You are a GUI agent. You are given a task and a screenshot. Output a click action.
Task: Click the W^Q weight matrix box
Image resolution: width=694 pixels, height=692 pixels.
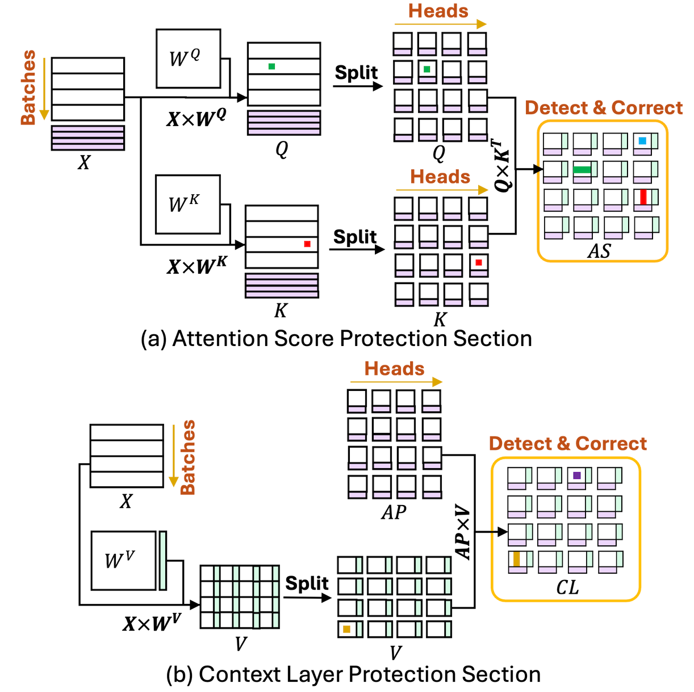(x=188, y=59)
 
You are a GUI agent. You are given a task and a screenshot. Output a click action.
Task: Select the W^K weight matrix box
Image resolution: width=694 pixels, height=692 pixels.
(x=187, y=205)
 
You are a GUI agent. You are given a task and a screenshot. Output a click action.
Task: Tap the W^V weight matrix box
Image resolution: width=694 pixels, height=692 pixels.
(x=123, y=560)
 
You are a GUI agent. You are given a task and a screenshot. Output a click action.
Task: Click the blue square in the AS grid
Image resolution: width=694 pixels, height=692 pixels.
(x=642, y=140)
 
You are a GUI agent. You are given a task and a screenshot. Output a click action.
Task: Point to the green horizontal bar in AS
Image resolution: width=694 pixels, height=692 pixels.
(x=582, y=169)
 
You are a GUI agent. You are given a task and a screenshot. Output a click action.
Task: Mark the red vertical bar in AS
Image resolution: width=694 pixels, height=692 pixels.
(x=643, y=197)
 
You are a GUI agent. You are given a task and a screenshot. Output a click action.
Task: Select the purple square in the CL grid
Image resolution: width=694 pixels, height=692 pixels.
(x=577, y=475)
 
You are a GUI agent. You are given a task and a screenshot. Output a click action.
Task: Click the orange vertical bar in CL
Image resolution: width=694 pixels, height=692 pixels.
(x=516, y=559)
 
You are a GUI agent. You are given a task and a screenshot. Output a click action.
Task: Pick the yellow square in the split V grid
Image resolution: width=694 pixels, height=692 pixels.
(x=346, y=628)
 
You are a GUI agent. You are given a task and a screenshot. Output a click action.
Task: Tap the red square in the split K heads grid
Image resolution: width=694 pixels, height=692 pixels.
(x=479, y=262)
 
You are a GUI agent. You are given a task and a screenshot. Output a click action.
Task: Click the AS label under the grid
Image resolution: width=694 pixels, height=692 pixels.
(x=599, y=251)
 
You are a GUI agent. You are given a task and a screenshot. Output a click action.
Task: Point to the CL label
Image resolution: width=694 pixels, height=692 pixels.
(x=567, y=587)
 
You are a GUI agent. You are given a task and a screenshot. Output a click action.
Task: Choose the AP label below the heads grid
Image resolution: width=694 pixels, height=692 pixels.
(x=394, y=512)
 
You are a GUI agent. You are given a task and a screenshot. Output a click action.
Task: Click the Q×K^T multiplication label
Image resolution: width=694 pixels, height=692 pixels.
(x=504, y=164)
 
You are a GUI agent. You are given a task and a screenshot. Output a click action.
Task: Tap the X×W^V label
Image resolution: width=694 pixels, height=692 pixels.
(x=152, y=623)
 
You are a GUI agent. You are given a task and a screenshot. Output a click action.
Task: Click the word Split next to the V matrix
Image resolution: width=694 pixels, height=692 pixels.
(x=307, y=583)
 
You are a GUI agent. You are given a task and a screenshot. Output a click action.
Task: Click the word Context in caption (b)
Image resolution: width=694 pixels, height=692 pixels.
(x=242, y=674)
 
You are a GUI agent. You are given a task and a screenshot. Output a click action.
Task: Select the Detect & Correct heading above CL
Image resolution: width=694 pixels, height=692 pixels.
(x=567, y=444)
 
